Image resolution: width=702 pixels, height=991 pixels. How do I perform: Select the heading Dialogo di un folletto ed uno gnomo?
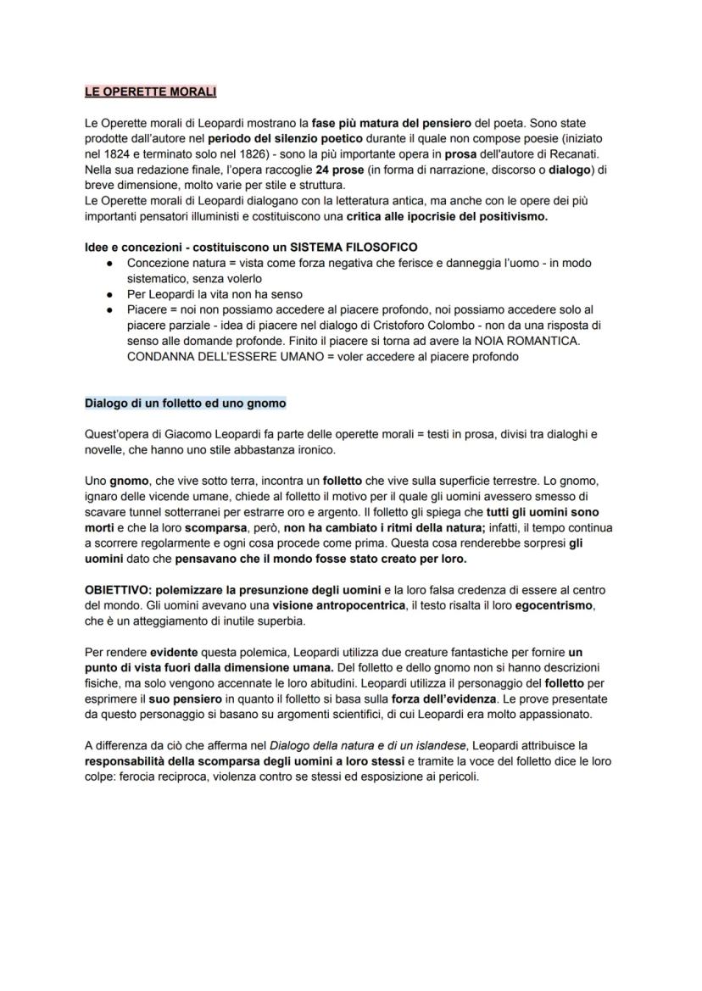(185, 402)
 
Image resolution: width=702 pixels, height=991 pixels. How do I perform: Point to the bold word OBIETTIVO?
(118, 589)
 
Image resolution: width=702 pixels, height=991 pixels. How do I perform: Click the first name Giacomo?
(177, 434)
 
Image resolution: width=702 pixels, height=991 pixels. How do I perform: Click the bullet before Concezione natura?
(110, 263)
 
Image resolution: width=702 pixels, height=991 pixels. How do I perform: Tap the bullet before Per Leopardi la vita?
(110, 294)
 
